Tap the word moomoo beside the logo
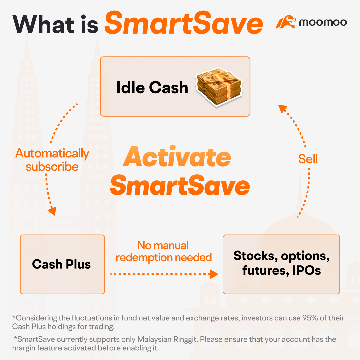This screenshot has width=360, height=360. click(322, 23)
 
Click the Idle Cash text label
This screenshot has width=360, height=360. click(152, 87)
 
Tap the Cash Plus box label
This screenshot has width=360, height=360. click(62, 264)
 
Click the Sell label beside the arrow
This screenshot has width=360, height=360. click(308, 159)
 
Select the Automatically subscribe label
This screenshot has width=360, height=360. click(52, 160)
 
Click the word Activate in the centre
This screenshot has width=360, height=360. click(177, 157)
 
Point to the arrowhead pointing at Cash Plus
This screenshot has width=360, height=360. click(52, 211)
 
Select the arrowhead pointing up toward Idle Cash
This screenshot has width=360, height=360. click(283, 108)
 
